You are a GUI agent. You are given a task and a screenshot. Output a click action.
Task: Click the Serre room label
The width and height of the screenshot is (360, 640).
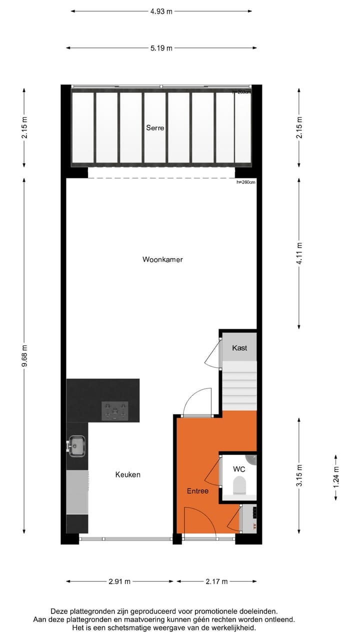(155, 128)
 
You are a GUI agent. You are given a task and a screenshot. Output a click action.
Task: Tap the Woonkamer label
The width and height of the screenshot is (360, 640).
(162, 259)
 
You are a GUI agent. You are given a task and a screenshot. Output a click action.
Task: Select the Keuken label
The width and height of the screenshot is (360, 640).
(128, 474)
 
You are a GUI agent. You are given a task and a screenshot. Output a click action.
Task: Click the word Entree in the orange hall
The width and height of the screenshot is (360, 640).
(197, 491)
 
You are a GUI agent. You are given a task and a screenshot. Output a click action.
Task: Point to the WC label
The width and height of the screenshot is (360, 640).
(239, 469)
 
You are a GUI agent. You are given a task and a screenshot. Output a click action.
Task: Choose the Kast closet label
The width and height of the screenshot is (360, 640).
(239, 348)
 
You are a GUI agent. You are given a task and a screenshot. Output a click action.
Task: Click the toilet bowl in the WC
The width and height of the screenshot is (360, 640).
(239, 484)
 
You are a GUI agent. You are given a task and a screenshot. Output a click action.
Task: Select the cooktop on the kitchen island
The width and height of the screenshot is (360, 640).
(115, 410)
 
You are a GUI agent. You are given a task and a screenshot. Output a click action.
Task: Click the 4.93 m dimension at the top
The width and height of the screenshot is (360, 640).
(161, 11)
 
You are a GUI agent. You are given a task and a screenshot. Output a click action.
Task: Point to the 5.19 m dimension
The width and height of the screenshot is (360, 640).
(161, 48)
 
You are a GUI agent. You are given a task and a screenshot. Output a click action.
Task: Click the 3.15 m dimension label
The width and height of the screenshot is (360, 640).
(299, 475)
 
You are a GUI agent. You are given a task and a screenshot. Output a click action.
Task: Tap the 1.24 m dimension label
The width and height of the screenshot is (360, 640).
(336, 476)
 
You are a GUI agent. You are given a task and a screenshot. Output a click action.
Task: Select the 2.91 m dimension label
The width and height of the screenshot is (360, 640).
(119, 581)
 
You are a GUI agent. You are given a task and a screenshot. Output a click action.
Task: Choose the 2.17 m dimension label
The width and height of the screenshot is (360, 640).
(216, 581)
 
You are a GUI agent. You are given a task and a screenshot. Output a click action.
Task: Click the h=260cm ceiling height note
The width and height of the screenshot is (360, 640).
(245, 182)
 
